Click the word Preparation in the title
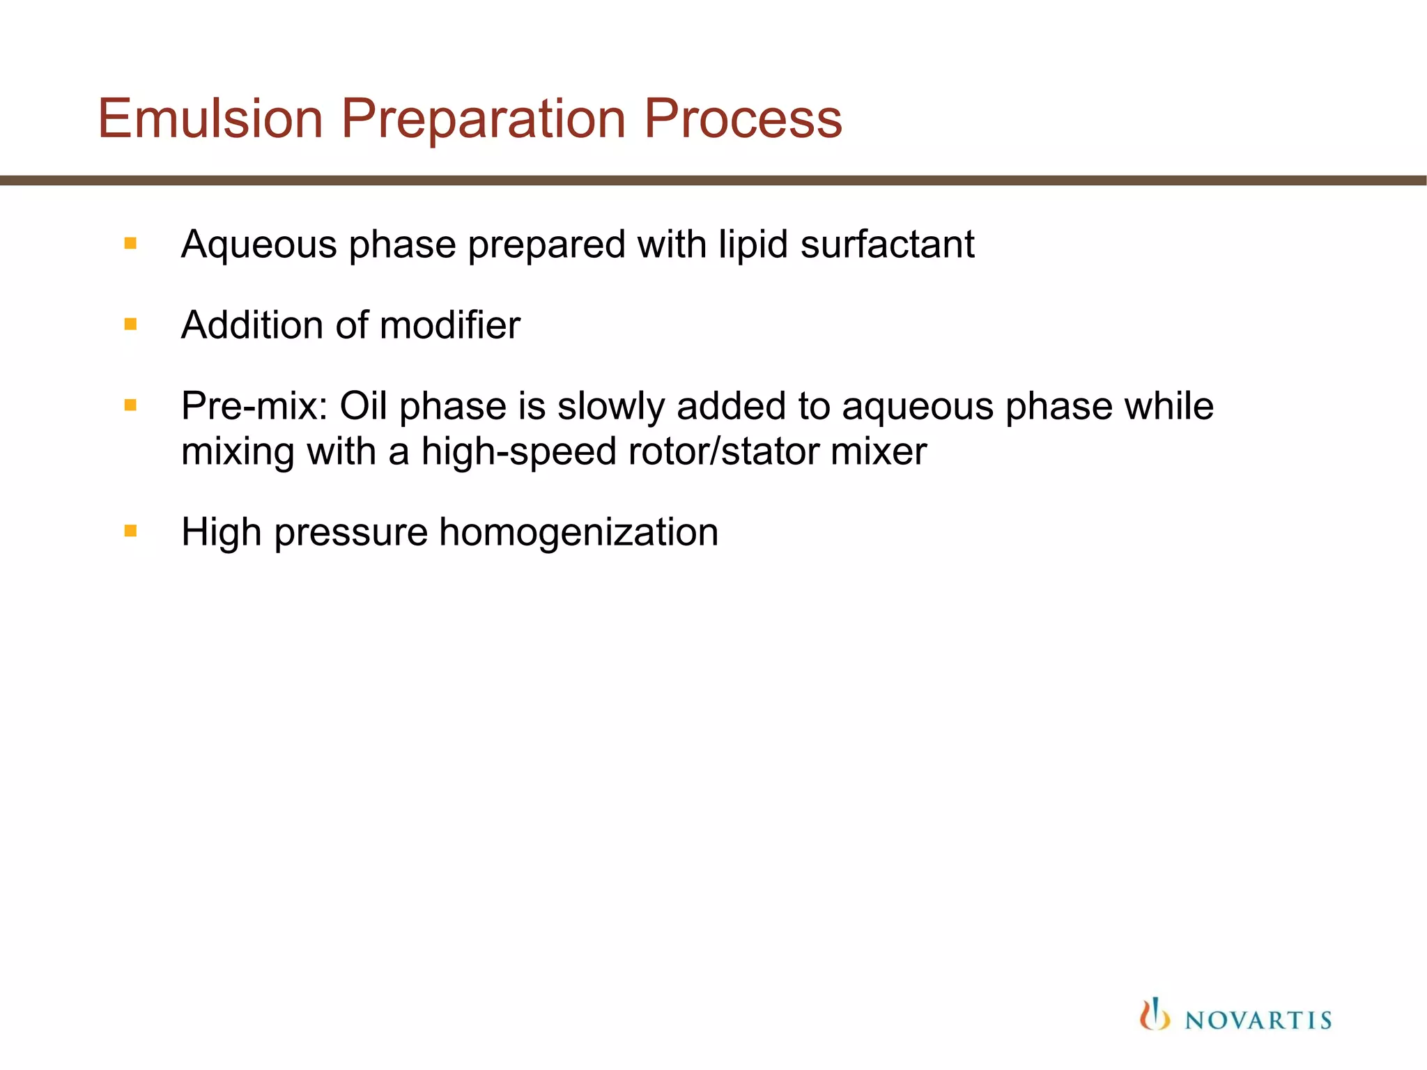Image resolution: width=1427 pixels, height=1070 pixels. click(483, 120)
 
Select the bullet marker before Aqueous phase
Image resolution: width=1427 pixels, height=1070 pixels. click(130, 243)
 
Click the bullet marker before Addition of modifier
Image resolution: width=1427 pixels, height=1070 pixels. click(130, 324)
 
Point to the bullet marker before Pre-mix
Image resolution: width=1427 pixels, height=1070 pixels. click(130, 405)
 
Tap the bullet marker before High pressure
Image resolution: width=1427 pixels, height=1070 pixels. click(130, 531)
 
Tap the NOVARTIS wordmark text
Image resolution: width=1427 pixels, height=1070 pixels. click(1258, 1021)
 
